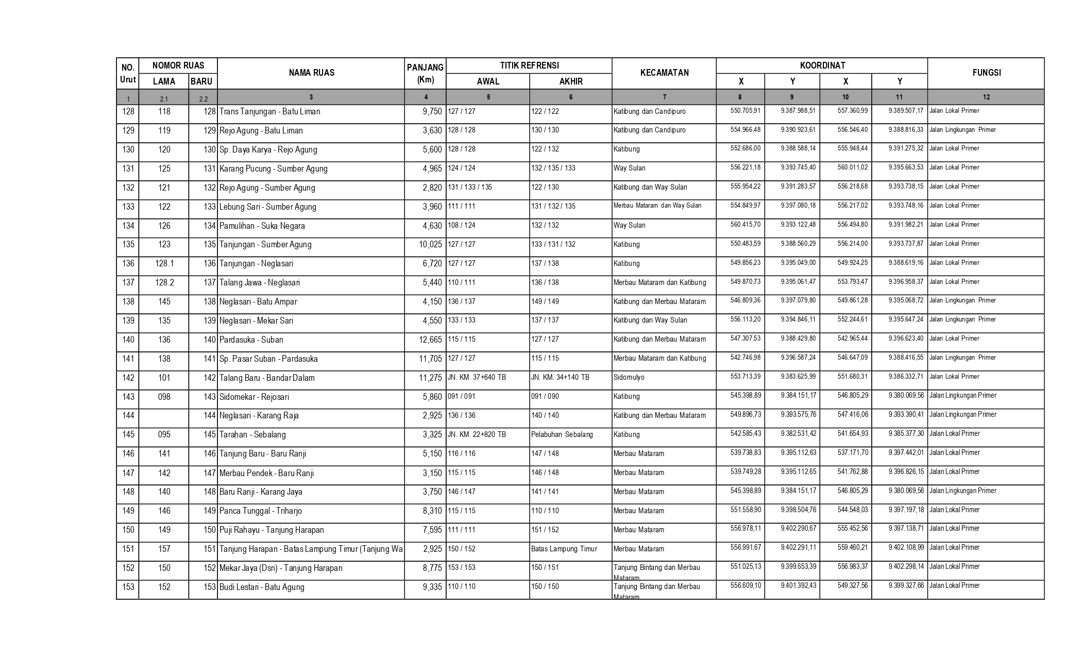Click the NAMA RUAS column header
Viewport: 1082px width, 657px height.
311,73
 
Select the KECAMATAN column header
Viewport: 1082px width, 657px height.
664,73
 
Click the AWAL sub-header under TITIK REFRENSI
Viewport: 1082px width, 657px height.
487,81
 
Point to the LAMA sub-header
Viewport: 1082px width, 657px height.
164,81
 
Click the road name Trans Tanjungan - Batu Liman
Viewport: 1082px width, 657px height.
270,112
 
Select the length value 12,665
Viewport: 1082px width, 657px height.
430,340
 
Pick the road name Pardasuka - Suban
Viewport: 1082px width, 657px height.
251,340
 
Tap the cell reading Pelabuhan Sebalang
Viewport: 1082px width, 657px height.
562,435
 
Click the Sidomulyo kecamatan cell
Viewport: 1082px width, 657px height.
629,378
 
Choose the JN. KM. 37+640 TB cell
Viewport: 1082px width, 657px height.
477,378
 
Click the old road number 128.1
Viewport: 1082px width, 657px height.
164,264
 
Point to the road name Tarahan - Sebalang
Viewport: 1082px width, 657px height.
252,435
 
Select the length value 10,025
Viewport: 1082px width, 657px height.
430,245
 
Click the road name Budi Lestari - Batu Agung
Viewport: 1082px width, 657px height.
262,587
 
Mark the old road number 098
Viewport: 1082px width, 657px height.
164,397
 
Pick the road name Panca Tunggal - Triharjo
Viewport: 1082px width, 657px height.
261,511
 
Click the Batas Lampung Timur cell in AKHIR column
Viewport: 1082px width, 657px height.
564,549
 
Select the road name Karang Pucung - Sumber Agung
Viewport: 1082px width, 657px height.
274,169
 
